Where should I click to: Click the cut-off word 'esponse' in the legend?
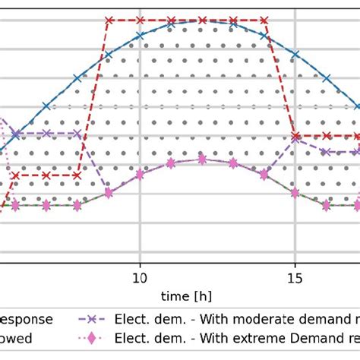(26, 320)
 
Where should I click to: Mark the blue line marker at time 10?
(140, 35)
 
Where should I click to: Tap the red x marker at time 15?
(295, 136)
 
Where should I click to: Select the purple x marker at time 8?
(77, 134)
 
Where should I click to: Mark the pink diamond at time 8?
(77, 205)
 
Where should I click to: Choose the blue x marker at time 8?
(77, 77)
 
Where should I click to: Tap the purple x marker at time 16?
(327, 152)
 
